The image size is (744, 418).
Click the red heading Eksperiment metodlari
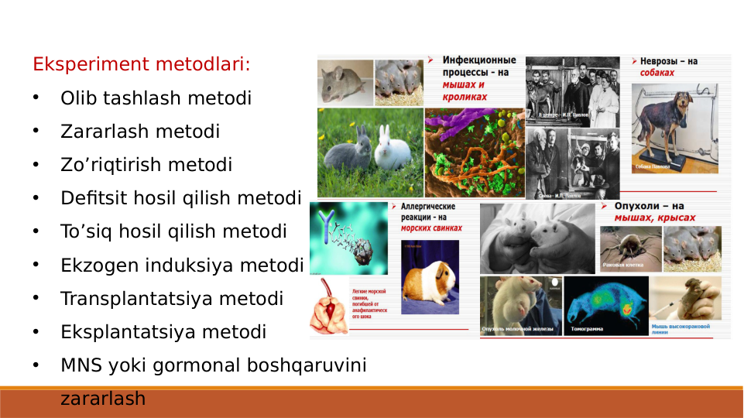tap(142, 63)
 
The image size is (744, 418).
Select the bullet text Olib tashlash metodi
tap(156, 99)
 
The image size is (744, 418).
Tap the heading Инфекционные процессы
tap(479, 66)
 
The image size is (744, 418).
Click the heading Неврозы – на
tap(668, 60)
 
